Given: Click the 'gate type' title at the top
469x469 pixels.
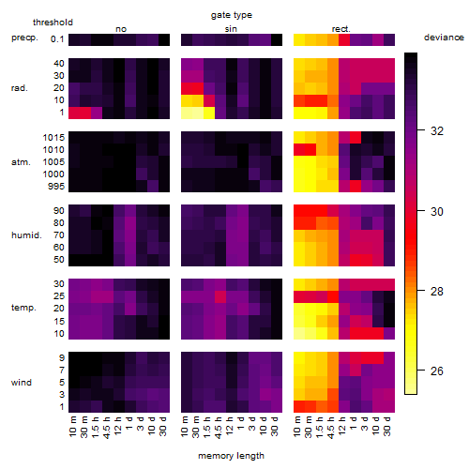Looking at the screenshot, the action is click(232, 15).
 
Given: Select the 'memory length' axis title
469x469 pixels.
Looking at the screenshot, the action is click(231, 456).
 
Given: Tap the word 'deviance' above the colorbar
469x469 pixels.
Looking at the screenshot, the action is click(444, 38).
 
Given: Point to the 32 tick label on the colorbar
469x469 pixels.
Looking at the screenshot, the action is click(437, 131).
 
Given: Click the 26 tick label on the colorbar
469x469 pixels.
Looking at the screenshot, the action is click(437, 371).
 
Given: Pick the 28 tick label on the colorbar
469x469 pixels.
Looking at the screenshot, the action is click(437, 292).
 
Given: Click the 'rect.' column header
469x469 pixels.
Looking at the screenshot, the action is click(340, 29).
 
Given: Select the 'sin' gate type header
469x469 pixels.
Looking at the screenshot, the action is click(231, 29).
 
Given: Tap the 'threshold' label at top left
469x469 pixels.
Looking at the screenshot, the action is click(53, 23).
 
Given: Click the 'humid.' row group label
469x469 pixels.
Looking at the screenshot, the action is click(26, 235).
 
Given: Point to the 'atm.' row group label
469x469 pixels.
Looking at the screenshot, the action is click(21, 162).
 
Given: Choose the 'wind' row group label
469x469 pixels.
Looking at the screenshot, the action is click(22, 383).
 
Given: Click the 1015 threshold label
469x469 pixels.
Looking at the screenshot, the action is click(53, 138).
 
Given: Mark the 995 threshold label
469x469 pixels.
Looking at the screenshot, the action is click(56, 187).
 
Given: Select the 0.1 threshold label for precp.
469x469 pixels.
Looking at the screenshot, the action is click(57, 39).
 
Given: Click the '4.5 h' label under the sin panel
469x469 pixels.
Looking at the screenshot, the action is click(219, 427).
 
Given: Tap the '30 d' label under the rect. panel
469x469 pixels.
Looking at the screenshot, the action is click(387, 426).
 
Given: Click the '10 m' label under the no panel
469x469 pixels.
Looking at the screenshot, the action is click(73, 426).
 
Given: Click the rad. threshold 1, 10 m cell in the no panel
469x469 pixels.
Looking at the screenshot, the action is click(74, 113).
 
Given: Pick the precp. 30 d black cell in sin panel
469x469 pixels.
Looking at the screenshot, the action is click(277, 39).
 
